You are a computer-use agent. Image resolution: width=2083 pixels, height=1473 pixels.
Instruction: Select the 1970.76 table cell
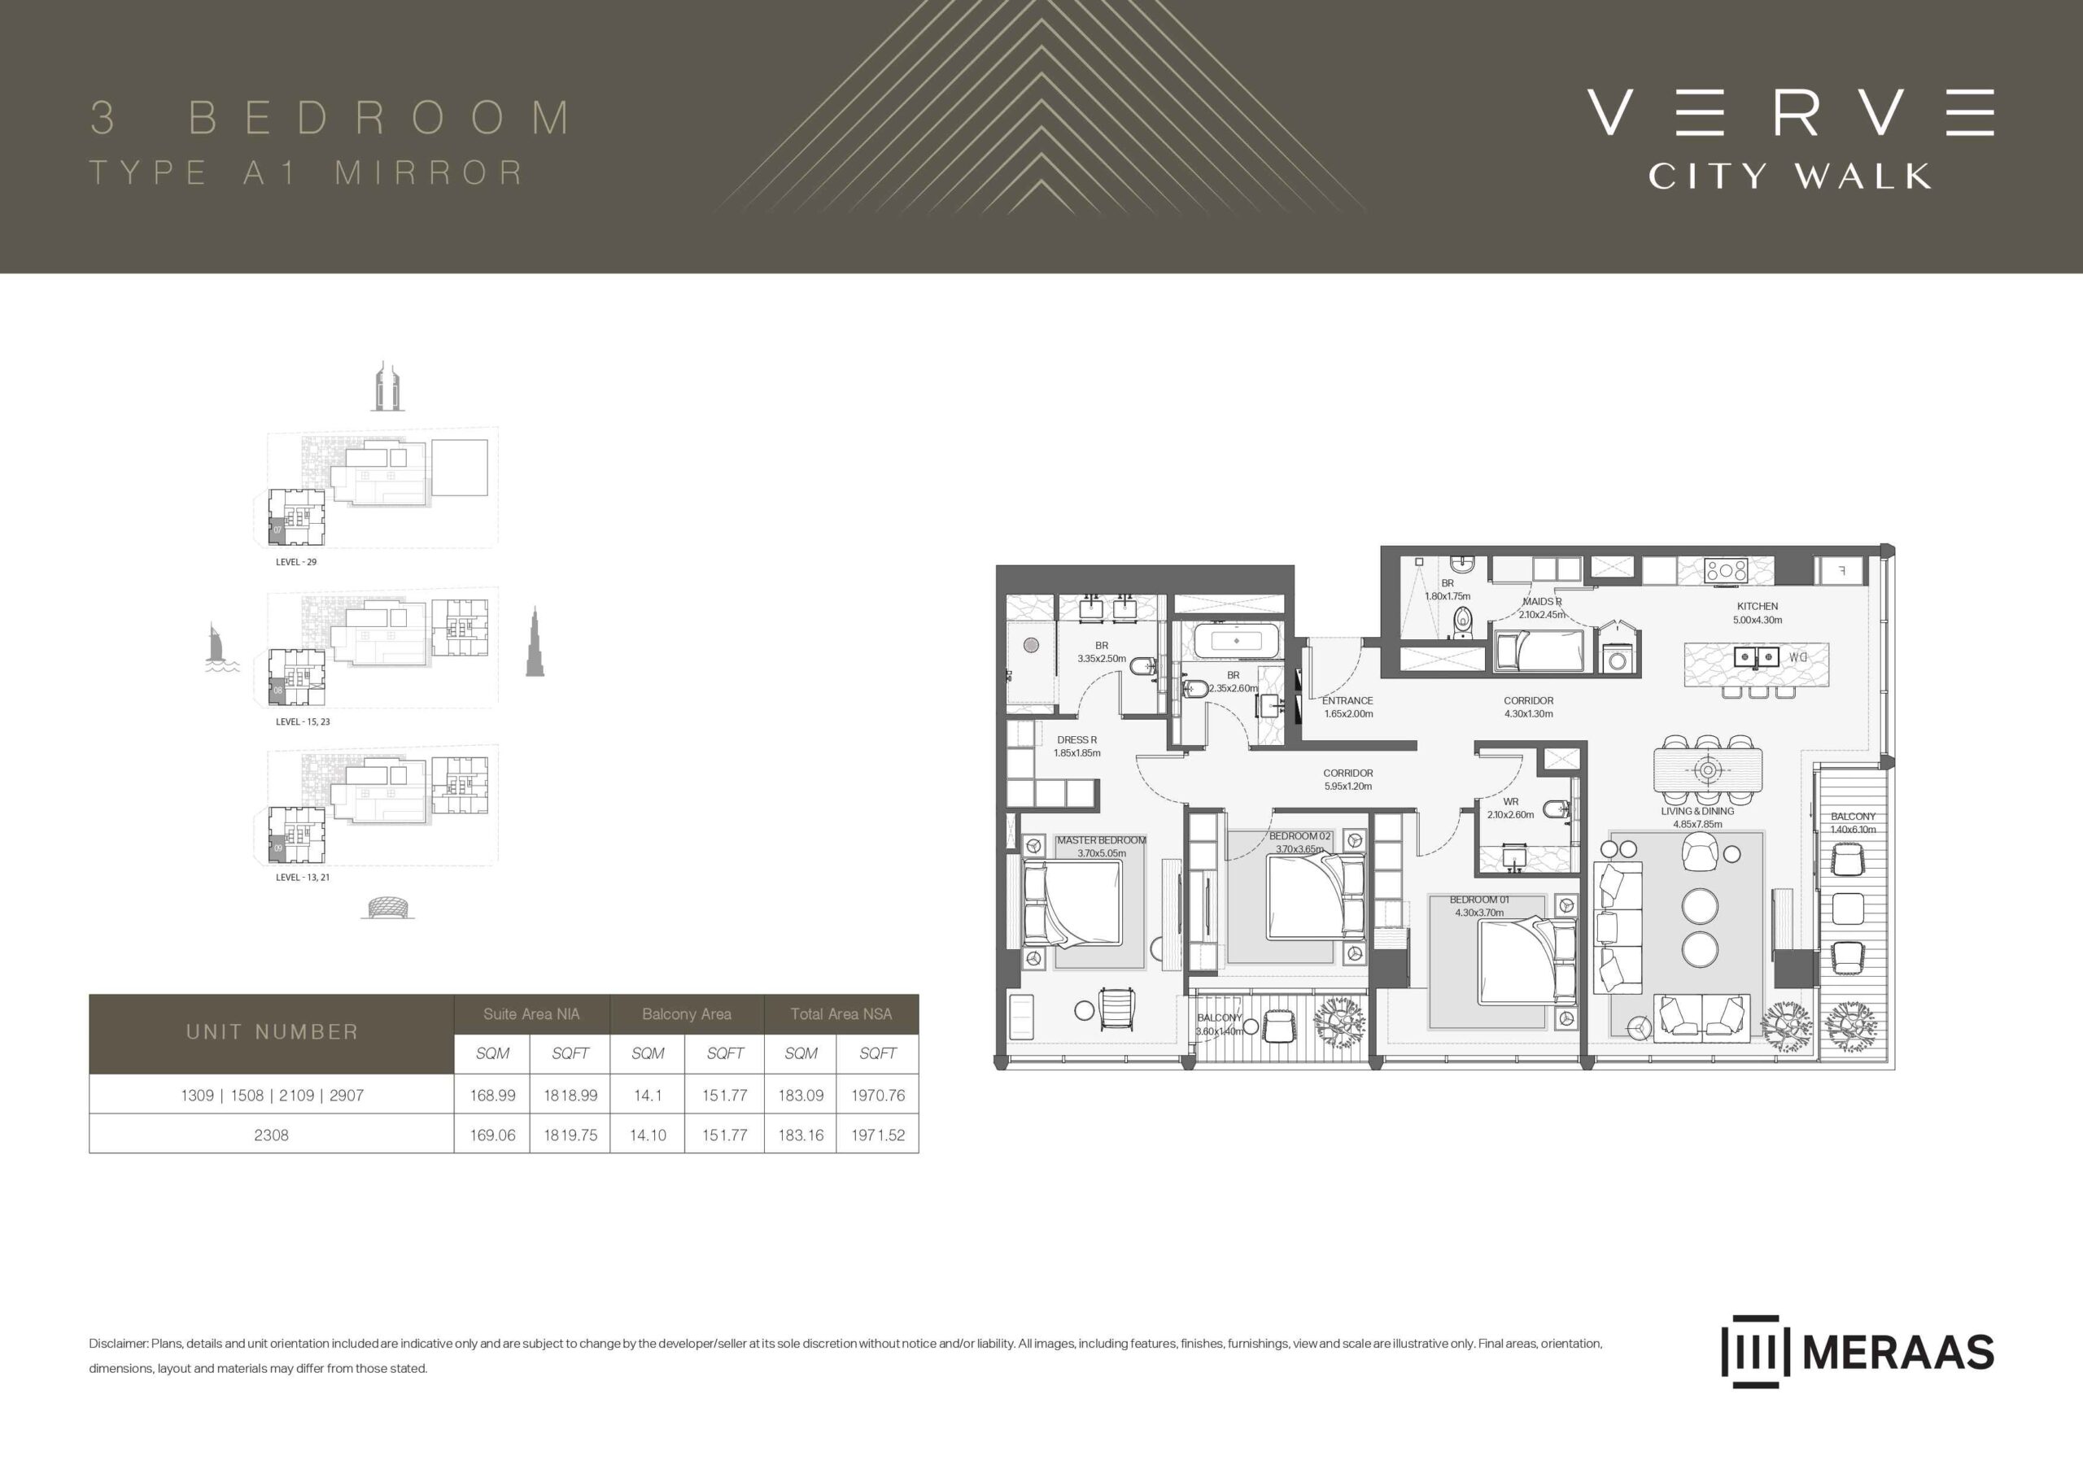click(x=877, y=1095)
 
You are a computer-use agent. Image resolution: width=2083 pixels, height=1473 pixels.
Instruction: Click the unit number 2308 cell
click(x=271, y=1135)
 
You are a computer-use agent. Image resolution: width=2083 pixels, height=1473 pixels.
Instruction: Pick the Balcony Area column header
click(x=686, y=1014)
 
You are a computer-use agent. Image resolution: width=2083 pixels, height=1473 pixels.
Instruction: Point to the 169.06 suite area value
click(x=492, y=1135)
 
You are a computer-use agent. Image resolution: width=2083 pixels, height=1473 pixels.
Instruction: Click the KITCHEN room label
click(x=1758, y=606)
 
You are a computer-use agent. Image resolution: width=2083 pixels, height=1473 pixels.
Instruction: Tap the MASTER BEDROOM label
click(x=1102, y=840)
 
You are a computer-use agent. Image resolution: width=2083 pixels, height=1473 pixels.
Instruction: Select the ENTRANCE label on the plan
click(x=1347, y=700)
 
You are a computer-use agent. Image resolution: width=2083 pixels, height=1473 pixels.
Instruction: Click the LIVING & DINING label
click(x=1697, y=811)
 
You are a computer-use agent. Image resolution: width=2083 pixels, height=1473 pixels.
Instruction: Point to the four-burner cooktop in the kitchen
click(x=1727, y=570)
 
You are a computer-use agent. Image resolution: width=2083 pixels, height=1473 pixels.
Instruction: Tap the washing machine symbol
click(x=1617, y=660)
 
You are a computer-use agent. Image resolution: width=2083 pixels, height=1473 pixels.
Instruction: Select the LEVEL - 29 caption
click(x=295, y=562)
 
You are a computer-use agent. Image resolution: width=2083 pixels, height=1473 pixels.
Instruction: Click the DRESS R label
click(x=1076, y=739)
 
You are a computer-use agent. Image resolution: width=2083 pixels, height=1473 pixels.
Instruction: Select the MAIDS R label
click(x=1542, y=601)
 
